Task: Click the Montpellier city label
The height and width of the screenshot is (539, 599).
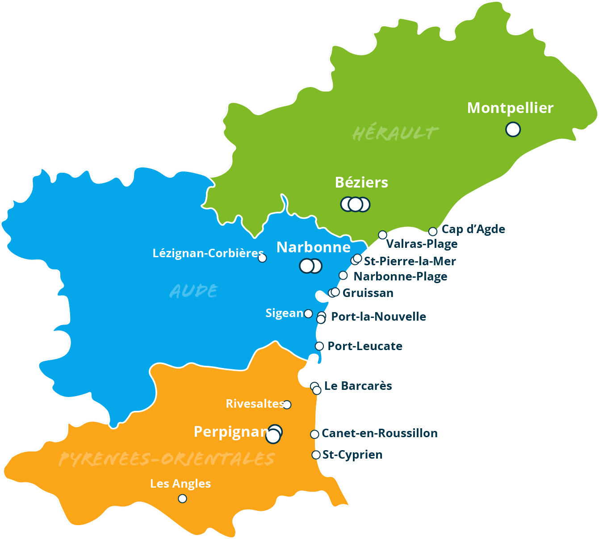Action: click(x=510, y=108)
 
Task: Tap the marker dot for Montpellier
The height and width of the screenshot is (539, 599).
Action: click(x=513, y=130)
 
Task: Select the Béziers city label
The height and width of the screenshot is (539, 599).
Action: click(x=361, y=183)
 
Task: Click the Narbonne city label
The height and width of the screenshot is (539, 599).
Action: click(x=313, y=247)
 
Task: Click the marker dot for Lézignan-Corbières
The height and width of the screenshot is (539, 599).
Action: click(x=262, y=258)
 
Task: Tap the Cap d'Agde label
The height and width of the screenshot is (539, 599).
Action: click(x=473, y=230)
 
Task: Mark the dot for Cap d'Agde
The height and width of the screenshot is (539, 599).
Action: click(x=432, y=231)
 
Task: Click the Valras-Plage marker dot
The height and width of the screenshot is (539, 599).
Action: click(x=382, y=235)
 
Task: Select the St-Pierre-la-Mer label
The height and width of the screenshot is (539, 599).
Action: click(x=410, y=261)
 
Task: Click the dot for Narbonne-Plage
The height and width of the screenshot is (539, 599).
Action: click(x=343, y=276)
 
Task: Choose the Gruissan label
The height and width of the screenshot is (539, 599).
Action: click(x=368, y=293)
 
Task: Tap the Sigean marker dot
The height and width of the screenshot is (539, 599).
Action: click(x=308, y=313)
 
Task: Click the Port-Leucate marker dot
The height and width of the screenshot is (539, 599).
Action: click(x=319, y=346)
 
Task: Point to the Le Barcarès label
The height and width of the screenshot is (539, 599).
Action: click(x=358, y=386)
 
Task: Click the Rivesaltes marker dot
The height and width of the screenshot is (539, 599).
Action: click(x=287, y=405)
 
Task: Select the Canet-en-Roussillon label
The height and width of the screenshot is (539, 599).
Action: click(x=379, y=433)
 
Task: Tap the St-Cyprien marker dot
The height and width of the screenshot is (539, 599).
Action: click(x=316, y=455)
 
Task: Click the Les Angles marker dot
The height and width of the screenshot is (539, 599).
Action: click(x=182, y=498)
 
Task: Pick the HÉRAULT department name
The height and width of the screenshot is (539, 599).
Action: click(x=395, y=133)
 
